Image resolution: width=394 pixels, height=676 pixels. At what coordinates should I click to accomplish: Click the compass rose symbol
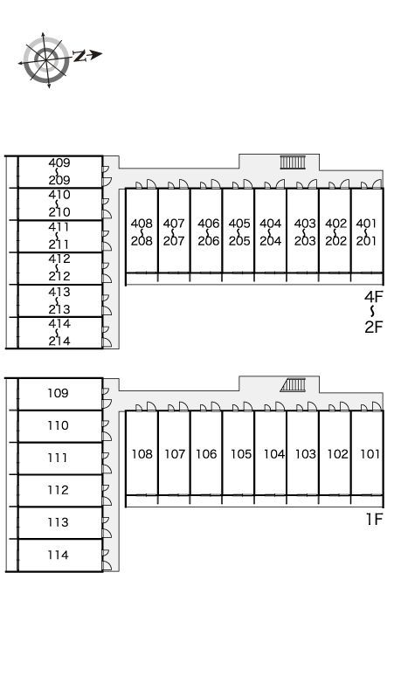46,60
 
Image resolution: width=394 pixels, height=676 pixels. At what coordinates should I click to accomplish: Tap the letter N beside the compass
79,56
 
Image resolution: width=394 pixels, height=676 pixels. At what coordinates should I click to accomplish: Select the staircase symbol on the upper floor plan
293,162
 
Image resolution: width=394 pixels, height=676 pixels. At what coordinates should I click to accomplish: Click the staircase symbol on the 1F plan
293,385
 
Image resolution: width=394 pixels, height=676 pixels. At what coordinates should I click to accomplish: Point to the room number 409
59,163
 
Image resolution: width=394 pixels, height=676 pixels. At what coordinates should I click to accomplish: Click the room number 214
59,341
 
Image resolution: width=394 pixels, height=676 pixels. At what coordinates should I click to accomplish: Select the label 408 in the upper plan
142,224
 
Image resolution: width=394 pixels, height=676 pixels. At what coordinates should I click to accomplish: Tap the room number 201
367,240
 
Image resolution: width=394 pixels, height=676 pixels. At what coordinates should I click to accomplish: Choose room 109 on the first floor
58,393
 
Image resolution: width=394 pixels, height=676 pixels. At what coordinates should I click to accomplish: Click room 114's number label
58,555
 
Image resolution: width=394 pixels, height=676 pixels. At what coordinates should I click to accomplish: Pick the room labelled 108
142,454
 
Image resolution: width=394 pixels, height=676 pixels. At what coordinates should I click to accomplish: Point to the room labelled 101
370,454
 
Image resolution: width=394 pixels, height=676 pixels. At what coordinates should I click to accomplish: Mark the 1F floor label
374,520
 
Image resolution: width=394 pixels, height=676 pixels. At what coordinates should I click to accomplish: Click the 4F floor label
373,297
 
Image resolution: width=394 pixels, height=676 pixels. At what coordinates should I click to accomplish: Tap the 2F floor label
373,328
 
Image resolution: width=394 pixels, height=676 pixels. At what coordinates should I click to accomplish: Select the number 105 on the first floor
240,454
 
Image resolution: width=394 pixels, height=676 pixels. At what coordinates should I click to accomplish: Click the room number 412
59,259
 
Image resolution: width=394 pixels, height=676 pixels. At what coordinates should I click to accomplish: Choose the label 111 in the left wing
58,458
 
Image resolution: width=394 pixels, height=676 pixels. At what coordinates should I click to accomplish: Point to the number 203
305,240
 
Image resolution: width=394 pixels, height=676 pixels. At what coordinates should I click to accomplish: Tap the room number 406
209,224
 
